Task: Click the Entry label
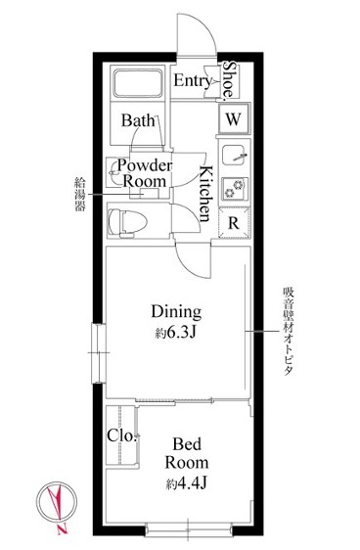click(x=192, y=81)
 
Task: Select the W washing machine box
click(x=233, y=118)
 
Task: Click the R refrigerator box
click(x=234, y=221)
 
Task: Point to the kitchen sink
click(x=234, y=155)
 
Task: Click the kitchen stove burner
click(x=234, y=188)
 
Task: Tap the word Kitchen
click(x=206, y=194)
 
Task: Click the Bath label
click(x=136, y=120)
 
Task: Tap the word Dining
click(x=175, y=312)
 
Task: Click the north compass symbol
click(x=56, y=505)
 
